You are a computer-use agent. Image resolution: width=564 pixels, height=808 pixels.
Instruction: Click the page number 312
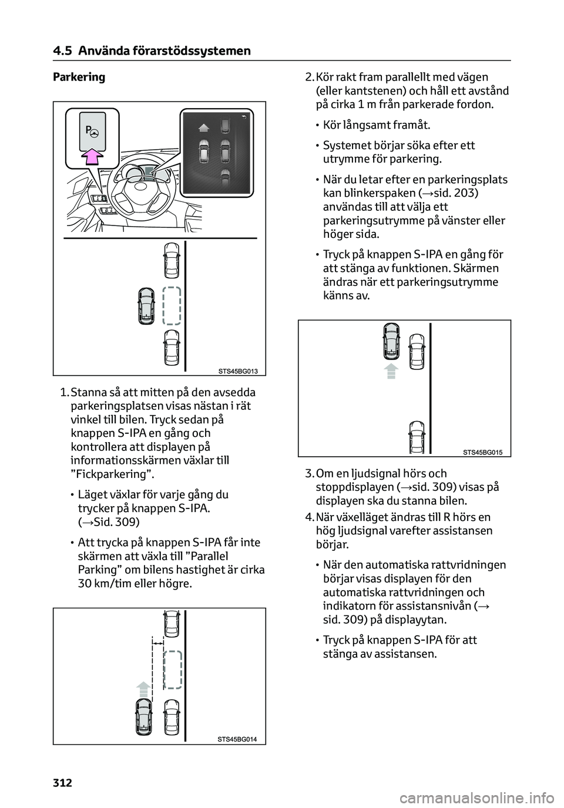point(62,782)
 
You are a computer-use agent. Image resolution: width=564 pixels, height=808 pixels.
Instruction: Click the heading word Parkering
point(79,77)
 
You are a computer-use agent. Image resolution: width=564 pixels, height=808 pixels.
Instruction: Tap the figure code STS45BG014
point(239,739)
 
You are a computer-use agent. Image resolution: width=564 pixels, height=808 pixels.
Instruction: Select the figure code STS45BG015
point(483,452)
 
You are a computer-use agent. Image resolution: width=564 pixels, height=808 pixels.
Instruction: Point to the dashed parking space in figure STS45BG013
point(171,305)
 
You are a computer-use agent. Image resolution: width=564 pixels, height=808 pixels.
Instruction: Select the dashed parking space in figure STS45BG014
point(173,669)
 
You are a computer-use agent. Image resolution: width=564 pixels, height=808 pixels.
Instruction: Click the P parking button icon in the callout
point(90,131)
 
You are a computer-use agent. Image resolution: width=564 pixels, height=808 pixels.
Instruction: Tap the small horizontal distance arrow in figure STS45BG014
point(157,644)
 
